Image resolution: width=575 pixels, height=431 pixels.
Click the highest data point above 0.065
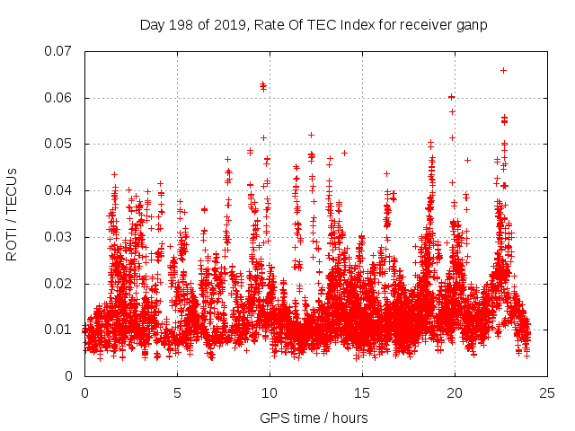coord(503,70)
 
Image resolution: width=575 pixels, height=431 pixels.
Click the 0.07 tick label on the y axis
coord(60,51)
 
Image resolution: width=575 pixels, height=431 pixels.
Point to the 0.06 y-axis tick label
coord(60,98)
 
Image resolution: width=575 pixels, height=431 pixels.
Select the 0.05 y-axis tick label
coord(60,144)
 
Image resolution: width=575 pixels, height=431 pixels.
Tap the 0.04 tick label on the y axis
coord(60,190)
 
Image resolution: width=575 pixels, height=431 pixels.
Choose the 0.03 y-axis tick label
coord(60,237)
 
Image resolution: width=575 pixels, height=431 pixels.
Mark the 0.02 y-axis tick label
coord(60,283)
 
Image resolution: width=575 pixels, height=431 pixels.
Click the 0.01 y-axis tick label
coord(60,330)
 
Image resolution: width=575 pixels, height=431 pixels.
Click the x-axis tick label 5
coord(177,392)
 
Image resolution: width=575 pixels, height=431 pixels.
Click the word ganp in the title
coord(472,25)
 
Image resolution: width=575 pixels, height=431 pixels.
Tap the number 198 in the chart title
coord(180,25)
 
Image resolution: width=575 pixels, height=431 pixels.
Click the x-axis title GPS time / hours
coord(315,418)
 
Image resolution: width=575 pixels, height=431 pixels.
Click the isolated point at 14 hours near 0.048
coord(344,153)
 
